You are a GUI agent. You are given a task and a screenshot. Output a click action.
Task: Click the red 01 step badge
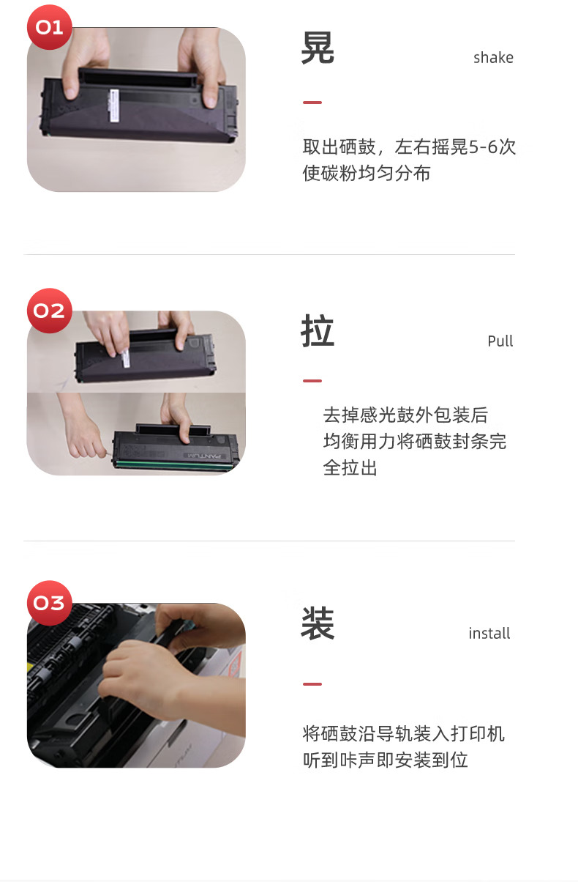pos(50,27)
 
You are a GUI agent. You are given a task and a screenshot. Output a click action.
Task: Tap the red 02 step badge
pos(50,311)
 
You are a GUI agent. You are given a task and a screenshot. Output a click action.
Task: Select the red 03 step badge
pos(50,603)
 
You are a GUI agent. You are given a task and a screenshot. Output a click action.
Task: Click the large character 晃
pos(318,48)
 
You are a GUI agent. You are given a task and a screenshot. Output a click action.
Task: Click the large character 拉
pos(318,331)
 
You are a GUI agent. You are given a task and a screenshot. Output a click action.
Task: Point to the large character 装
pos(318,623)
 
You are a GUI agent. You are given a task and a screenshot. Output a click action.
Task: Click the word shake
pos(493,57)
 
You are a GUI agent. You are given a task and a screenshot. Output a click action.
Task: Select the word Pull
pos(500,341)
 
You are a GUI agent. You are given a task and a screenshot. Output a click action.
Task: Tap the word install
pos(489,633)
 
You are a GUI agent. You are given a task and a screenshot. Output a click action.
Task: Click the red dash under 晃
pos(312,103)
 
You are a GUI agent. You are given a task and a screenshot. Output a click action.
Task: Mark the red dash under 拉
pos(312,381)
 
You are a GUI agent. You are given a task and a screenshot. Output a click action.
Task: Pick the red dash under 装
pos(312,684)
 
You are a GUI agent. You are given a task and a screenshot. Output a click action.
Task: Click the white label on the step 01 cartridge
pos(114,105)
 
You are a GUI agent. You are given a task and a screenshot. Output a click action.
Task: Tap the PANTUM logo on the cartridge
pos(205,456)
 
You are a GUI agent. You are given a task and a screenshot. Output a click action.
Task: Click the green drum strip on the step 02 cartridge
pos(173,464)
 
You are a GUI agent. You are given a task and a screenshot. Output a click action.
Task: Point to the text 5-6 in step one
pos(483,147)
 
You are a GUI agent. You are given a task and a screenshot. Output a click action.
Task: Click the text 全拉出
pos(350,468)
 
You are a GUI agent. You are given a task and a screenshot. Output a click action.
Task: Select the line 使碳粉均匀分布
pos(367,173)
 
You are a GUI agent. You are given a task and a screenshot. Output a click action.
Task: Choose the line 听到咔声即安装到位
pos(386,760)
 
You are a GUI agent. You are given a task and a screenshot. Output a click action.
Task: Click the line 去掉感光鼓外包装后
pos(405,415)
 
